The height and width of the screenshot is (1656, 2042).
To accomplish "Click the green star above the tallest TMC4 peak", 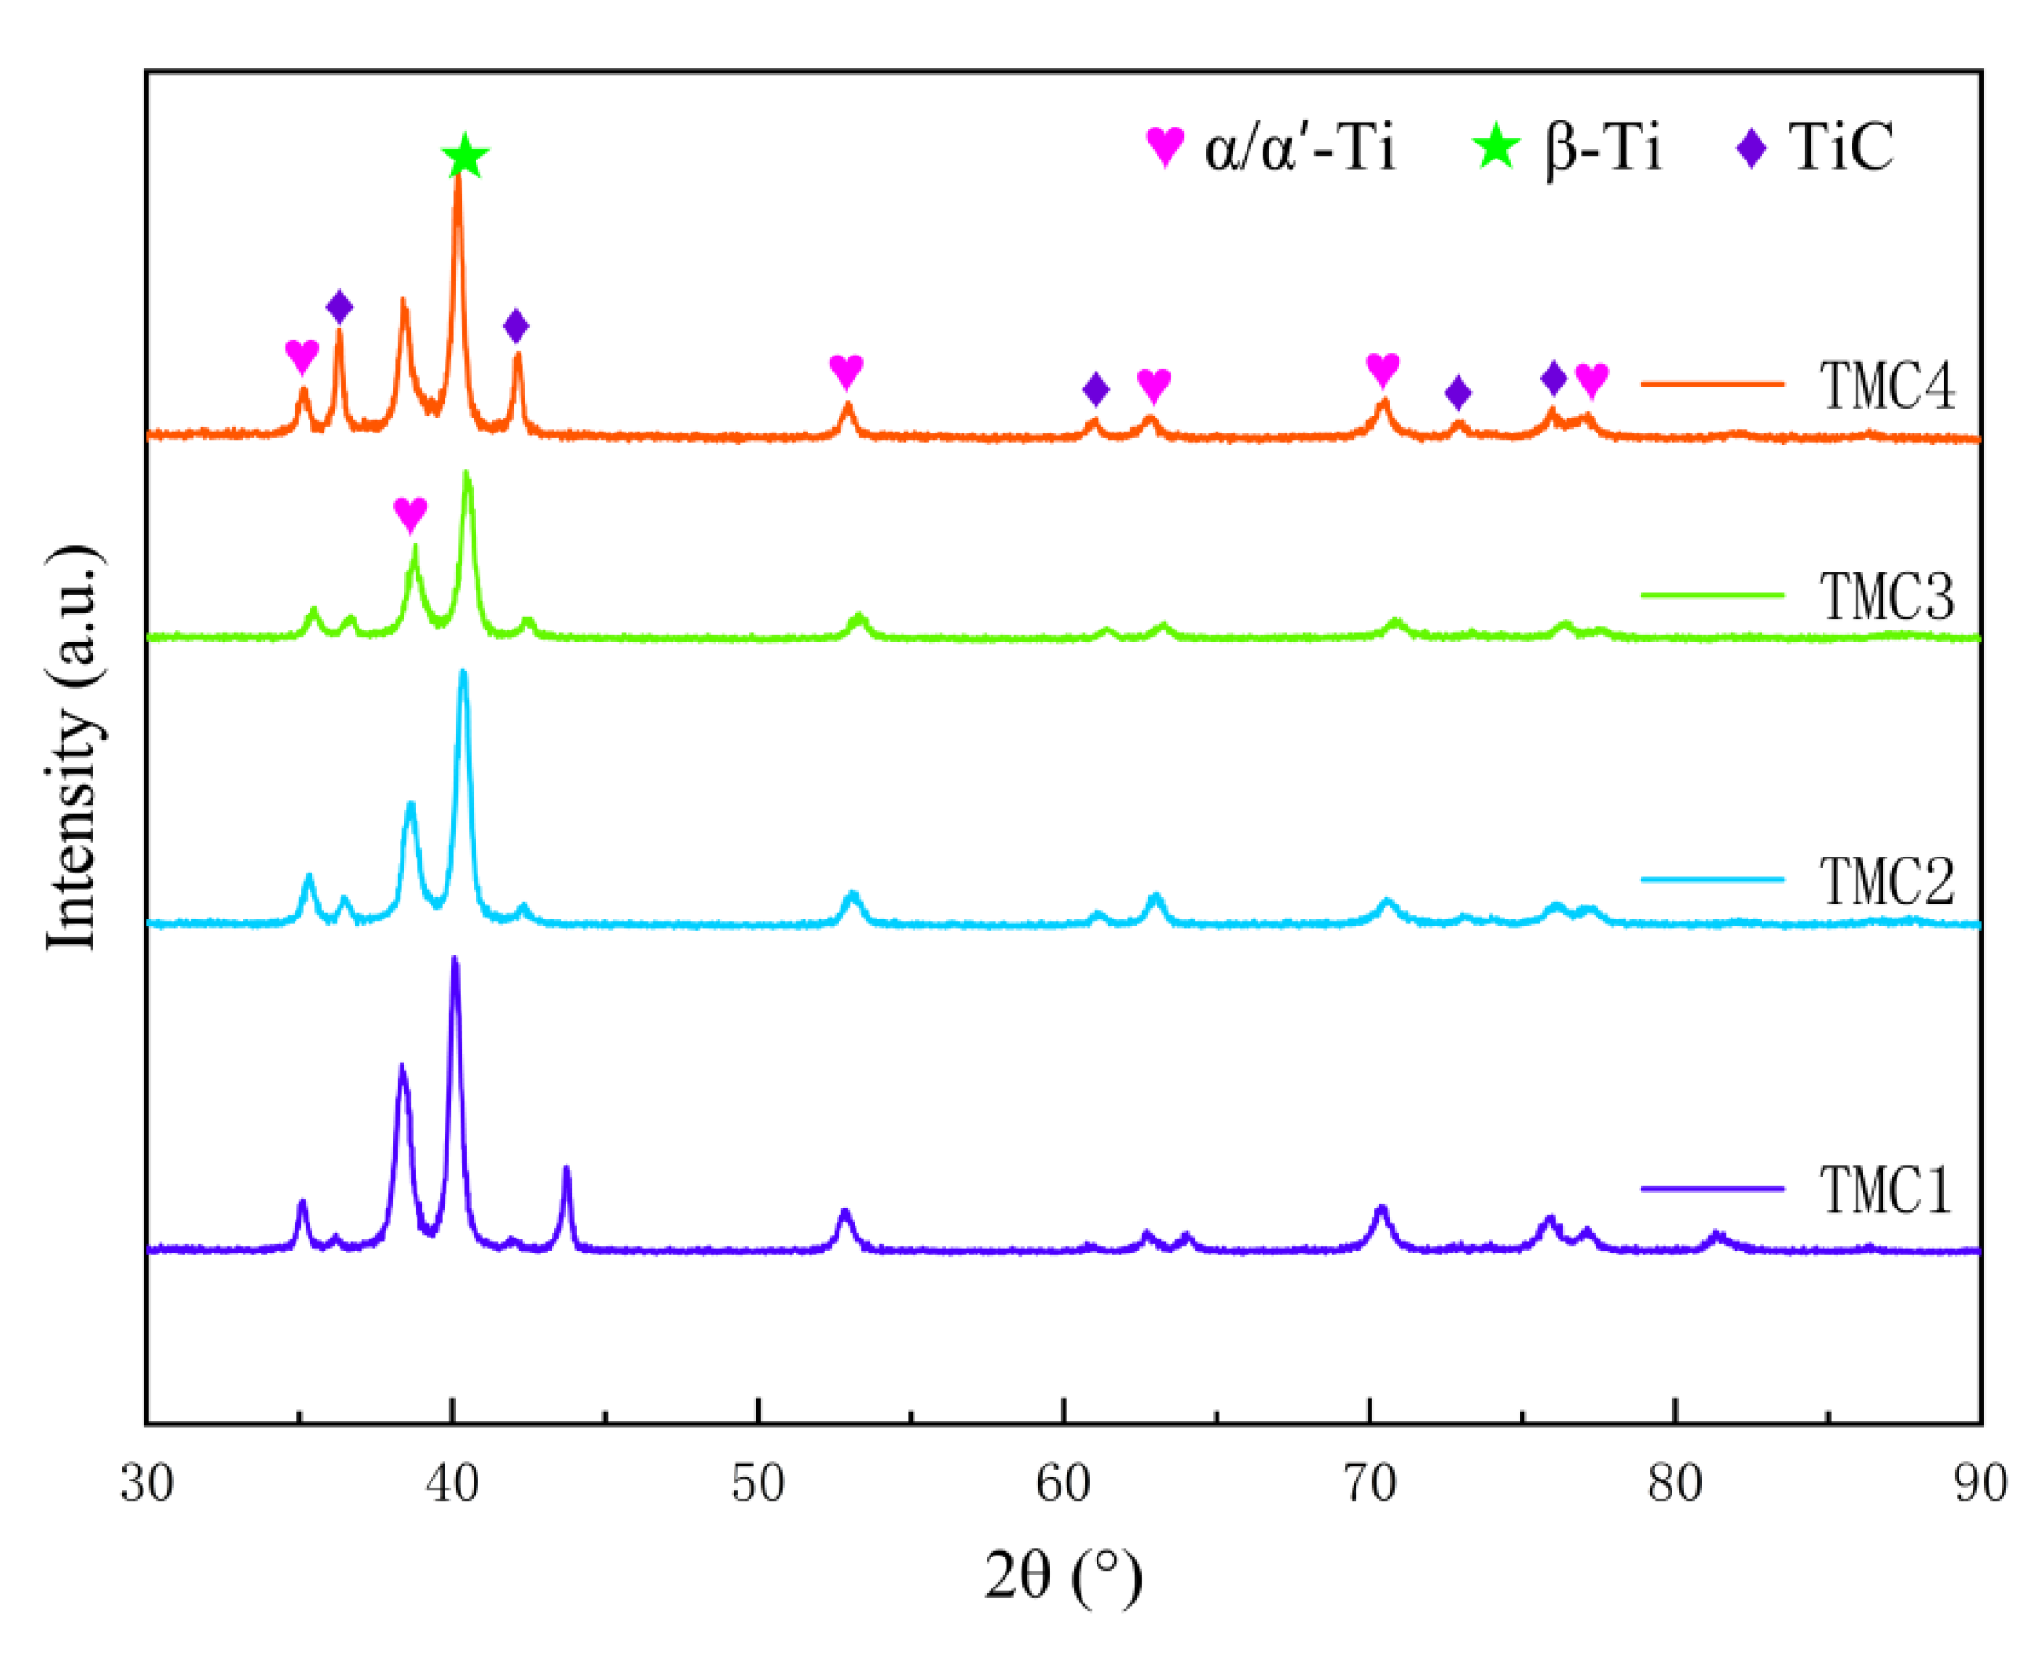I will (464, 157).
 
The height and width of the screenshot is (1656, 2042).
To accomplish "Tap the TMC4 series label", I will (1886, 387).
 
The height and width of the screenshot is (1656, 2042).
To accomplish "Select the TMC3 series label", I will (1886, 597).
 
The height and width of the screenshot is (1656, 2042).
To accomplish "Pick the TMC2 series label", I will (1886, 880).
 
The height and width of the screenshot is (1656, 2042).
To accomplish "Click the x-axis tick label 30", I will (147, 1484).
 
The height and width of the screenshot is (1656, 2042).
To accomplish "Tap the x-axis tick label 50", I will (757, 1484).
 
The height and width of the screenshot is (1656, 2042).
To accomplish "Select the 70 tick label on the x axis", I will (1369, 1484).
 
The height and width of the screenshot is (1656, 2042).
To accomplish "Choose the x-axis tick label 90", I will (1980, 1484).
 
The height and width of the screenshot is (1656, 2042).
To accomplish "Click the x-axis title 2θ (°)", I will (1063, 1576).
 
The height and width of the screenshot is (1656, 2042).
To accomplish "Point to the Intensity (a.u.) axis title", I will (73, 748).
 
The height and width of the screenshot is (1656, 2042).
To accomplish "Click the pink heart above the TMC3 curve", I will (410, 514).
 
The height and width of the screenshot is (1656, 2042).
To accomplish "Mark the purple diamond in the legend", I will (1751, 148).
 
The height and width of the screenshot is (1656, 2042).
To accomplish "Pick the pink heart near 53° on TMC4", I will (846, 370).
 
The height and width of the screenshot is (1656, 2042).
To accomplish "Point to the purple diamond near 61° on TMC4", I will (1096, 388).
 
